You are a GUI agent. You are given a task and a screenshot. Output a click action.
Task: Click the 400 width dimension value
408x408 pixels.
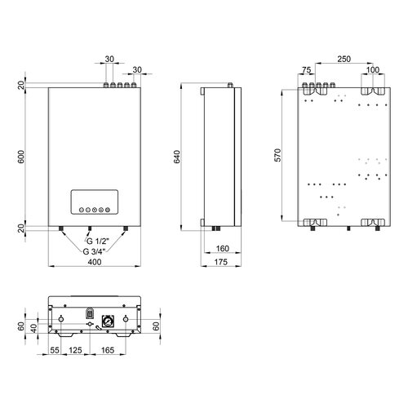(x=95, y=262)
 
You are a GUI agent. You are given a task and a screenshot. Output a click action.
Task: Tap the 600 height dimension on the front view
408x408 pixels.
(x=21, y=157)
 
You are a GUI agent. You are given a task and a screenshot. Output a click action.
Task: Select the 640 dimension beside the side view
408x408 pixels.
(x=177, y=157)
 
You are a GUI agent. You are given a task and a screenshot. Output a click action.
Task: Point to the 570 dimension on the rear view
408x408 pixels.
(x=277, y=155)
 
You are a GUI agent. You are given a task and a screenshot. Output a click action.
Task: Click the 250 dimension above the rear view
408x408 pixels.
(x=344, y=59)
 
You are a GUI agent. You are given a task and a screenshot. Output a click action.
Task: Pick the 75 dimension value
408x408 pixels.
(x=306, y=70)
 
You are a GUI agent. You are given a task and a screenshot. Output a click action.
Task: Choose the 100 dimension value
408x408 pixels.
(x=373, y=70)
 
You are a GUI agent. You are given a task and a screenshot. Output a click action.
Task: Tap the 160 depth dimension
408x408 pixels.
(x=223, y=248)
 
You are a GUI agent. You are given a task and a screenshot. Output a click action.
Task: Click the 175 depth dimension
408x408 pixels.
(x=220, y=262)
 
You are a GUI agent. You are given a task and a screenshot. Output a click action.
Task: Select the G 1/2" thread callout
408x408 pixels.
(x=97, y=242)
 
